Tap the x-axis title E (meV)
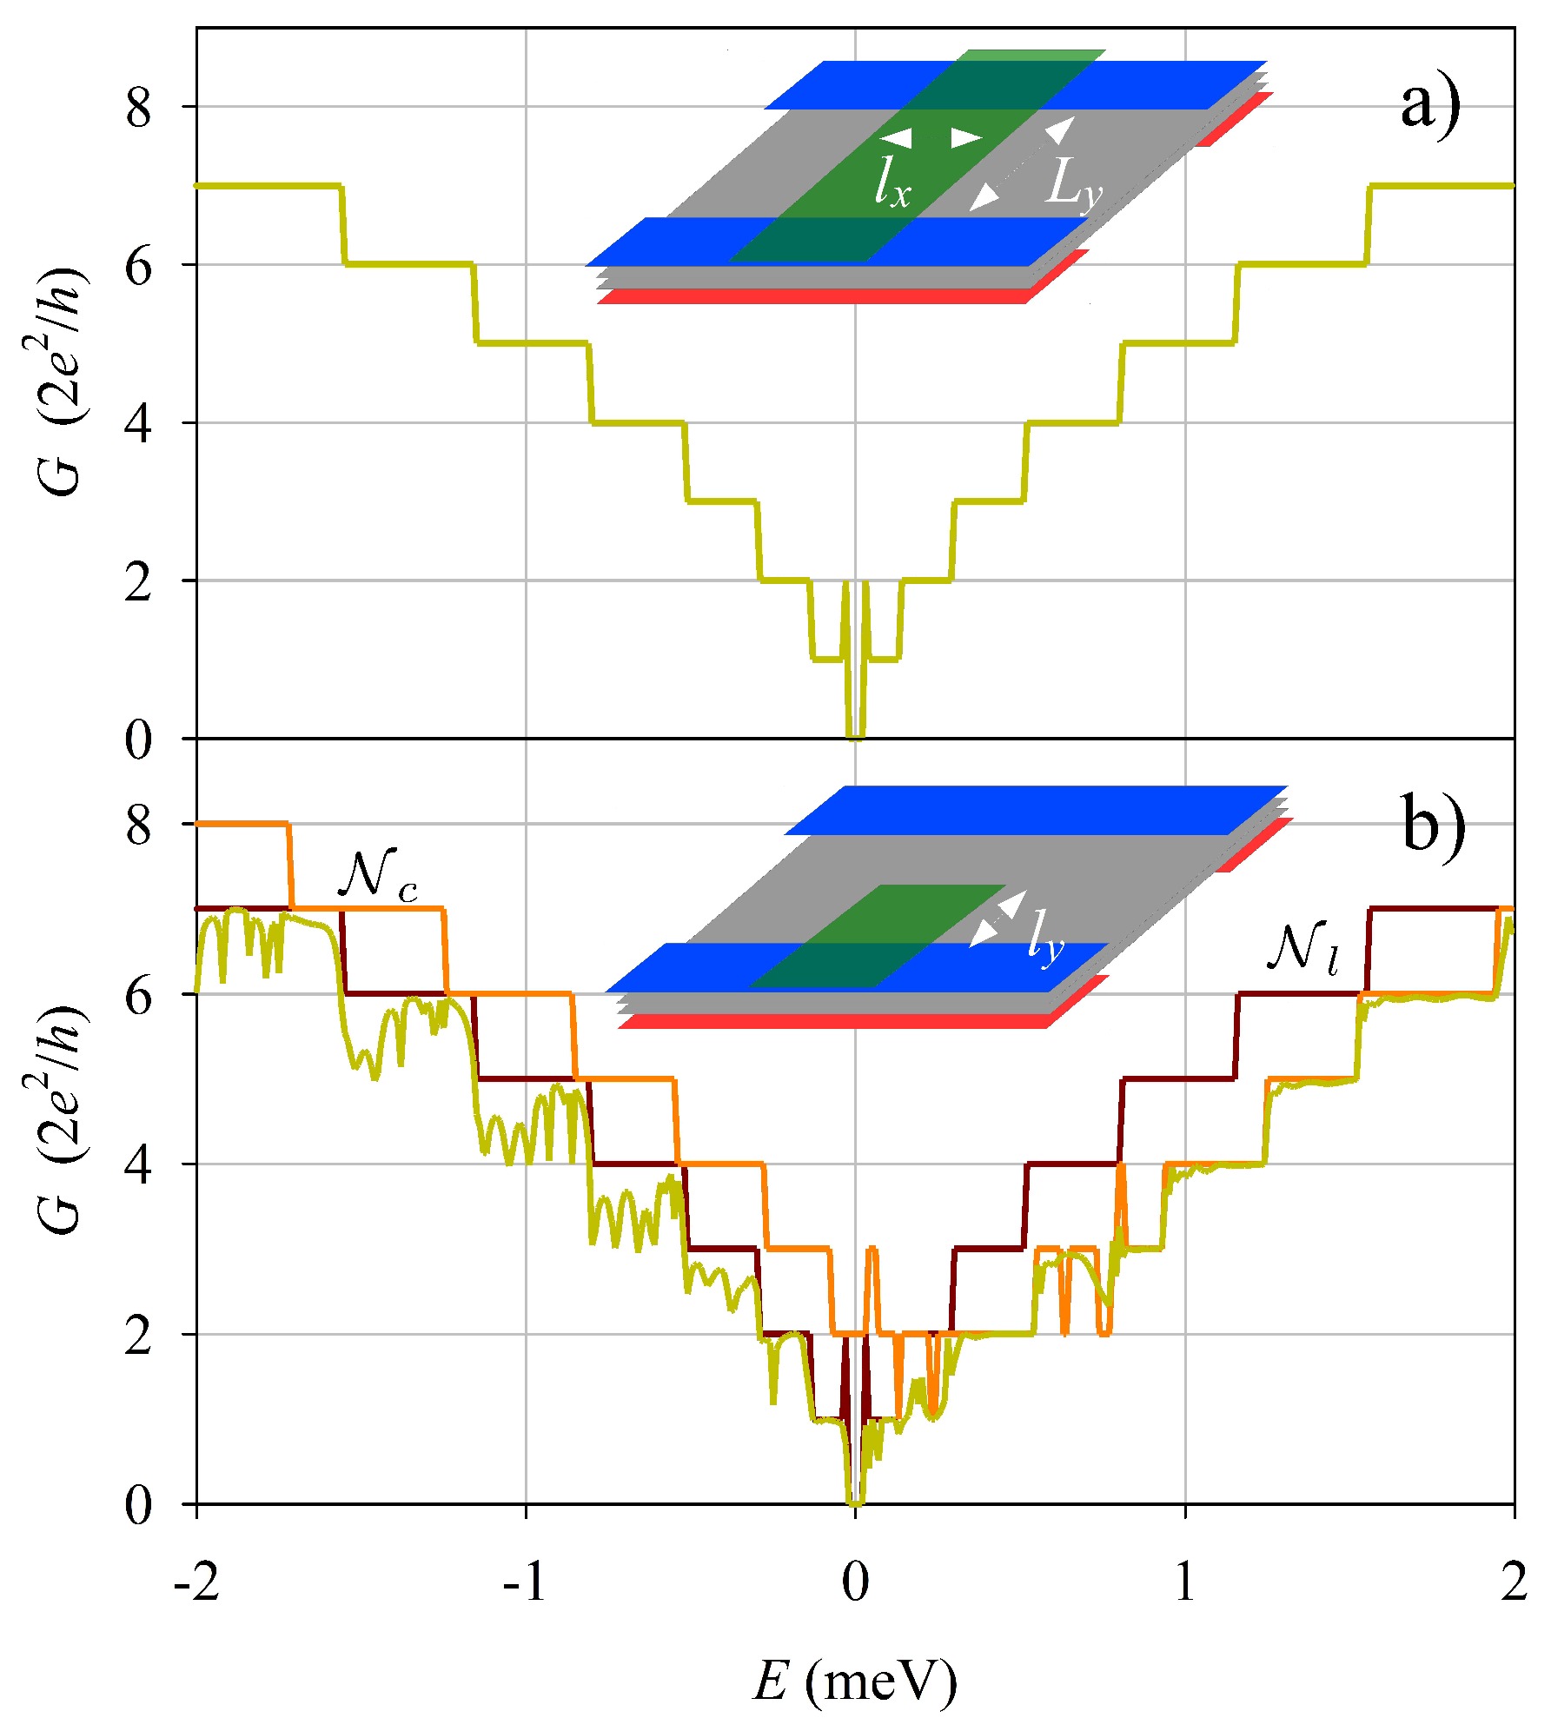point(855,1682)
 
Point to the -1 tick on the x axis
point(525,1582)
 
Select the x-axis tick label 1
point(1185,1582)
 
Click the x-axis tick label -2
point(196,1582)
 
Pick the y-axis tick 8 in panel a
point(138,108)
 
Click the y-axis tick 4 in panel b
point(138,1164)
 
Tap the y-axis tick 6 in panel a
point(138,265)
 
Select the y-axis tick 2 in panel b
point(138,1335)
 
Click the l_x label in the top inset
point(892,182)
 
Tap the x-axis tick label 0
point(855,1582)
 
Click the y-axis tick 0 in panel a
point(138,740)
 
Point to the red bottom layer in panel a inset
point(812,297)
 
